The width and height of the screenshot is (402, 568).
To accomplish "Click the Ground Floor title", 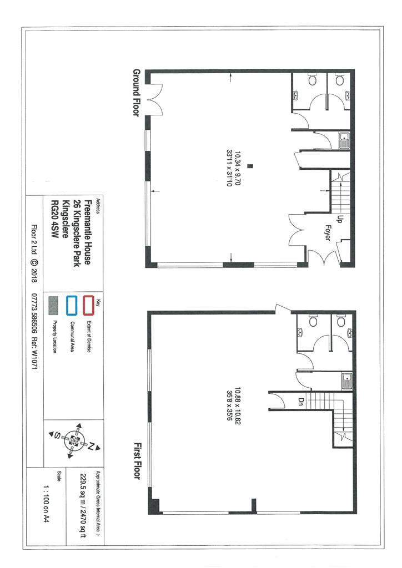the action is (136, 93).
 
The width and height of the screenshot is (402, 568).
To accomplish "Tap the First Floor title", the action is (138, 461).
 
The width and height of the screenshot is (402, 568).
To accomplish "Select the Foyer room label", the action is (328, 233).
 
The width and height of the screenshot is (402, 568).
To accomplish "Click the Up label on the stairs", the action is (340, 219).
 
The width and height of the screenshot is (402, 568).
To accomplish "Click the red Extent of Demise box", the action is (89, 306).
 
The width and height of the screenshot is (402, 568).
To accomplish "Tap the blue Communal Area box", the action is (72, 306).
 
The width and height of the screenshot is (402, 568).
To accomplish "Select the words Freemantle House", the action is (88, 232).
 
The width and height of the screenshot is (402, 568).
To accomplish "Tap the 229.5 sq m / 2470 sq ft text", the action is (83, 505).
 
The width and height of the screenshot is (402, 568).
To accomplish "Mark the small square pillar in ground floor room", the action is (250, 166).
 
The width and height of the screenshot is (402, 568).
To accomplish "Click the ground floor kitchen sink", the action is (344, 140).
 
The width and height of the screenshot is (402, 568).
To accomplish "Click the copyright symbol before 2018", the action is (34, 262).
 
